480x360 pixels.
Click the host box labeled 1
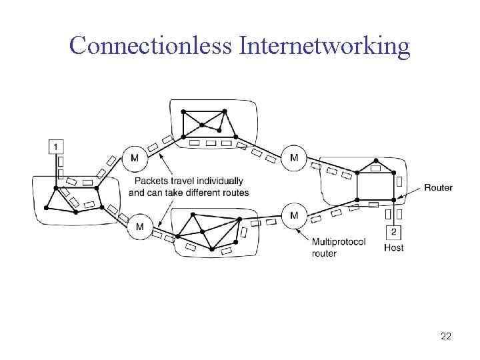pyautogui.click(x=56, y=147)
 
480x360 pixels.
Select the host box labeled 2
pyautogui.click(x=394, y=233)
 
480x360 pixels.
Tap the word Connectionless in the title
pyautogui.click(x=150, y=45)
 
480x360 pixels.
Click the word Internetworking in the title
pyautogui.click(x=325, y=46)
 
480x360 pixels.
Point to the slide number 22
pyautogui.click(x=446, y=336)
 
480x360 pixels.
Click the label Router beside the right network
pyautogui.click(x=439, y=187)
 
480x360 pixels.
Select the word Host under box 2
pyautogui.click(x=394, y=247)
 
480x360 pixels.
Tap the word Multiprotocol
pyautogui.click(x=339, y=242)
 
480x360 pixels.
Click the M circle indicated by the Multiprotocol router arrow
pyautogui.click(x=294, y=216)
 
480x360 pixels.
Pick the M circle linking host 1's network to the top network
pyautogui.click(x=135, y=158)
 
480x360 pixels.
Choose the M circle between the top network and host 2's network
pyautogui.click(x=294, y=157)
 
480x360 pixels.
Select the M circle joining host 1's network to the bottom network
pyautogui.click(x=139, y=227)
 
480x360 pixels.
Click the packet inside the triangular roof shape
pyautogui.click(x=375, y=168)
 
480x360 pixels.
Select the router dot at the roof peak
pyautogui.click(x=376, y=161)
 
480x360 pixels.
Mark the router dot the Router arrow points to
pyautogui.click(x=394, y=200)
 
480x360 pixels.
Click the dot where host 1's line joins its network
pyautogui.click(x=56, y=188)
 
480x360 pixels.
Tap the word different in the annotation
pyautogui.click(x=201, y=193)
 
